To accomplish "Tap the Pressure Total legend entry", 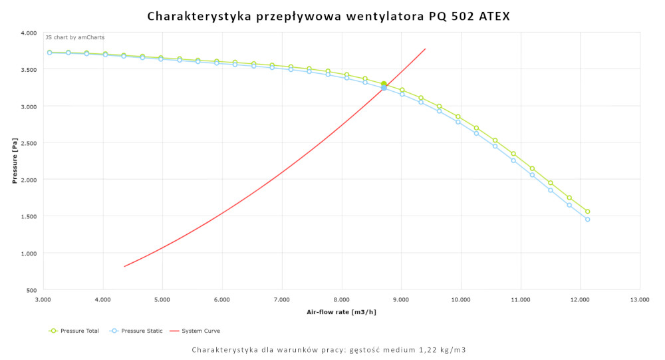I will click(74, 331).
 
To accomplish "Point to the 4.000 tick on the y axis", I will click(28, 33).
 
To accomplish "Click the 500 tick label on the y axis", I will click(31, 290).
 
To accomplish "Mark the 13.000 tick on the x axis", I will click(640, 300).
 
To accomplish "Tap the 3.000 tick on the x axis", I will click(43, 300).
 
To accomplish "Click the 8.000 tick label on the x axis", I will click(342, 300).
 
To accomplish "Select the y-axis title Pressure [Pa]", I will click(14, 162).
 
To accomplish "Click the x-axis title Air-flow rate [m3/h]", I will click(341, 312).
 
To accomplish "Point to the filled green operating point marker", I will click(384, 84).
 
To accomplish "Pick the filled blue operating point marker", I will click(384, 88).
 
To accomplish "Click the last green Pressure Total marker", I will click(587, 212).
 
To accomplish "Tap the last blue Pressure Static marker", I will click(587, 219).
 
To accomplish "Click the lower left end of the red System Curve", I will click(125, 266).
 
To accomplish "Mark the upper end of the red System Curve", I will click(425, 49).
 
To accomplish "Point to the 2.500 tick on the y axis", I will click(28, 143).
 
